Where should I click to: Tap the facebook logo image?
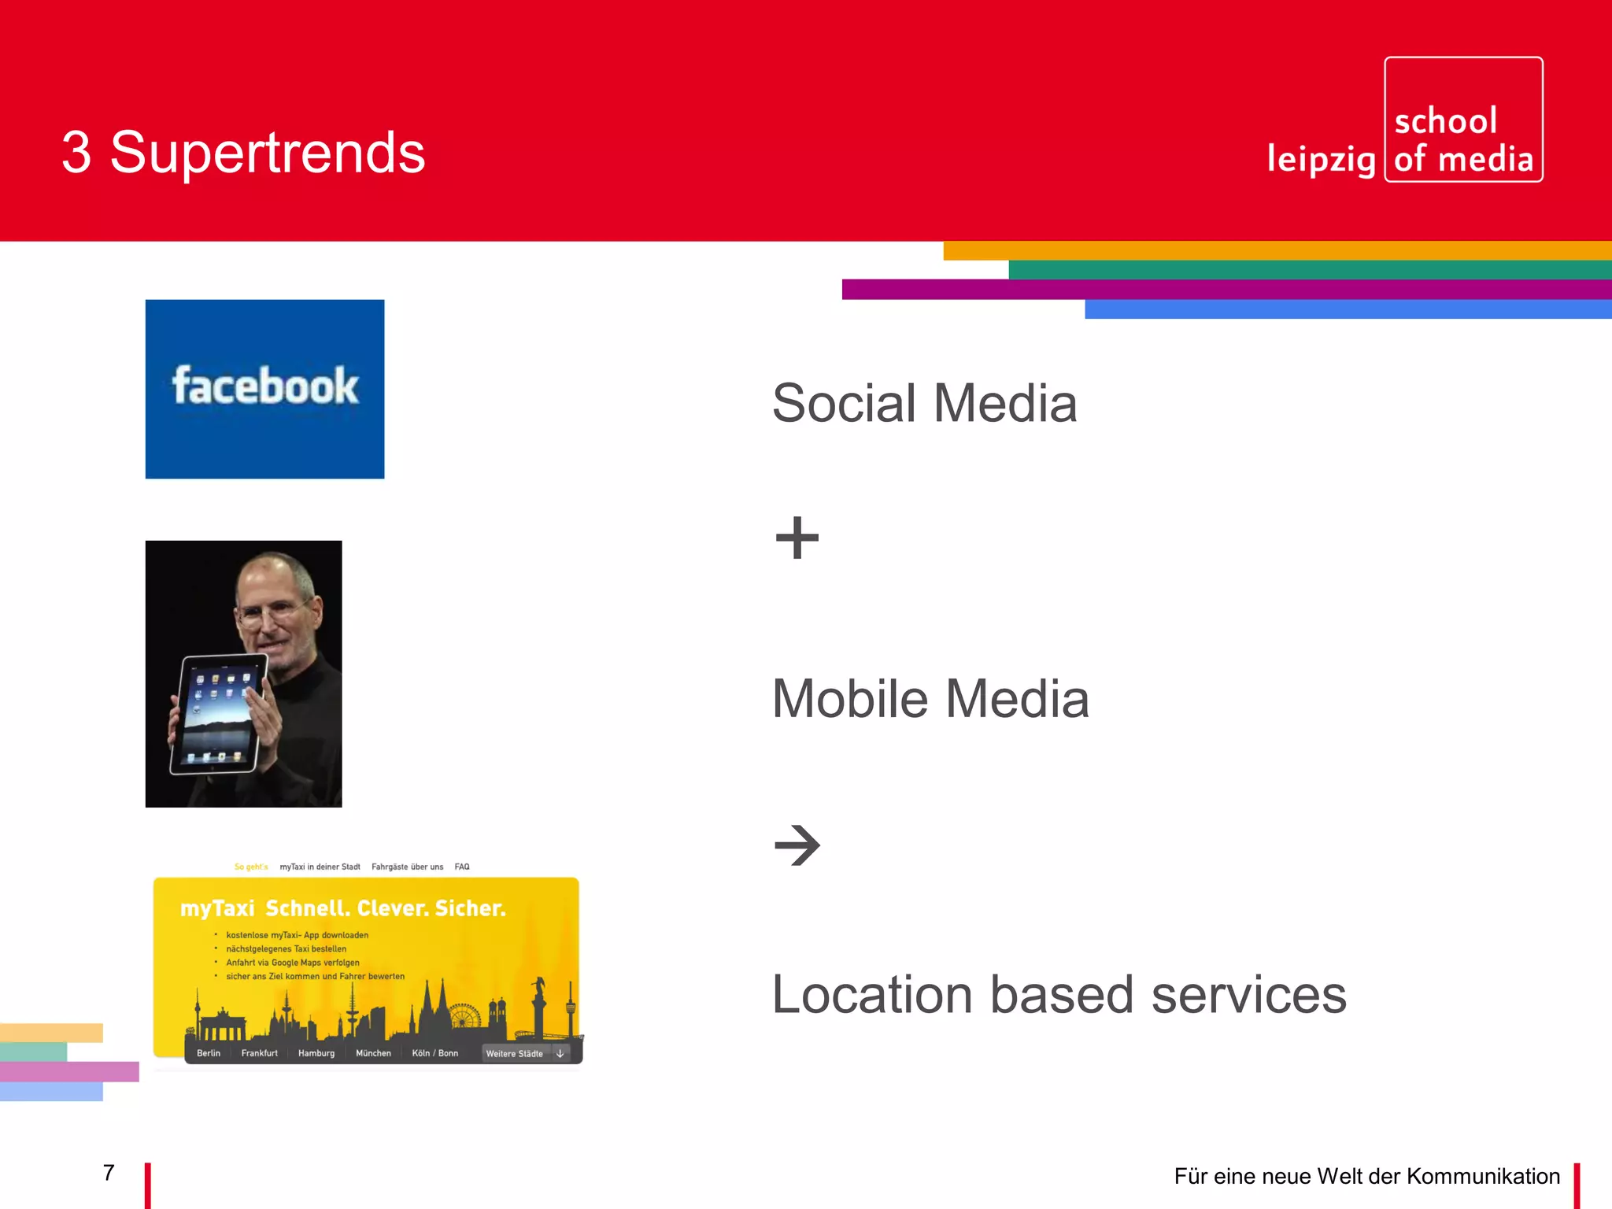[x=264, y=389]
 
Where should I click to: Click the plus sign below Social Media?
[x=797, y=538]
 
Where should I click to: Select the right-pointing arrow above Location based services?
[x=797, y=845]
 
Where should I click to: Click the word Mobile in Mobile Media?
[x=850, y=699]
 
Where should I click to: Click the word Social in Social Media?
[x=844, y=403]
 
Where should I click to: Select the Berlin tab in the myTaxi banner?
[x=209, y=1053]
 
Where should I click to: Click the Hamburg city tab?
[x=316, y=1053]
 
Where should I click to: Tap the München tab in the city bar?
[x=373, y=1053]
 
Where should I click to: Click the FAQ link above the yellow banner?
[x=462, y=867]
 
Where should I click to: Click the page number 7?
[x=109, y=1173]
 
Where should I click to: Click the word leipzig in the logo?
[x=1321, y=159]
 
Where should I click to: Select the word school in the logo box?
[x=1445, y=121]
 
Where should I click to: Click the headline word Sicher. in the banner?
[x=470, y=908]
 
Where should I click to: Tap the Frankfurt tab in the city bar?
[x=259, y=1053]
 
